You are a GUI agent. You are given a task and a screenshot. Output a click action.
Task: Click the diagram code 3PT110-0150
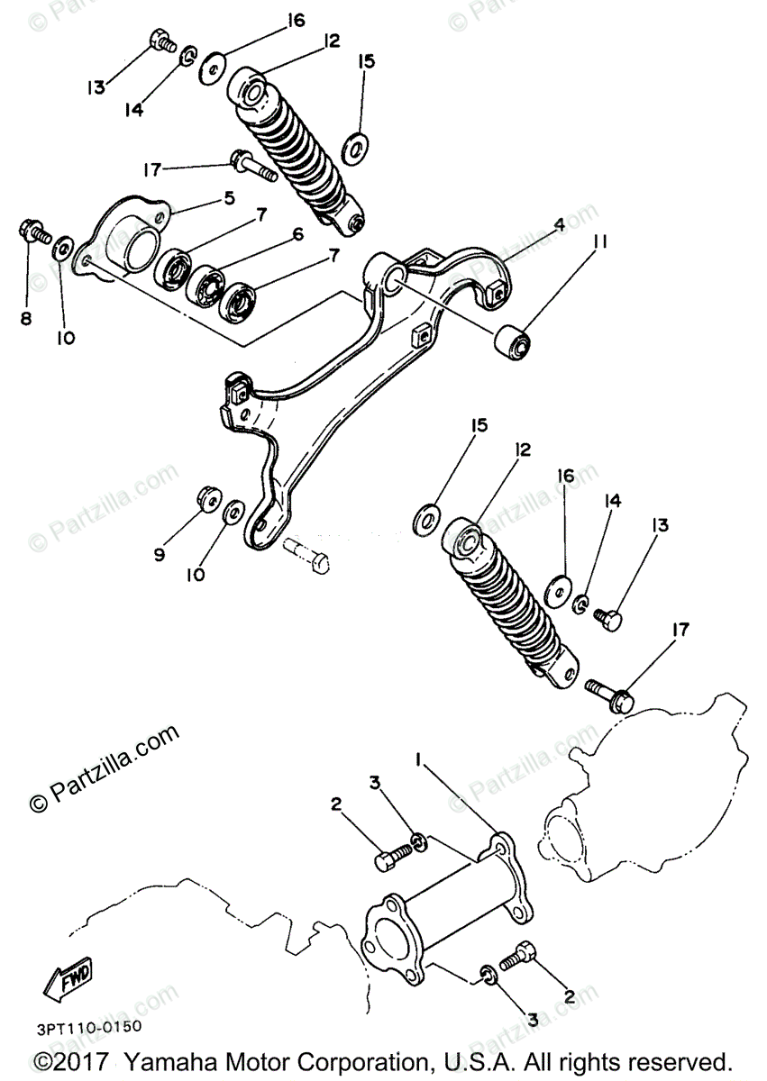[89, 1027]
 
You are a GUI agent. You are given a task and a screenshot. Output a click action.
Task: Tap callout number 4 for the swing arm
[559, 226]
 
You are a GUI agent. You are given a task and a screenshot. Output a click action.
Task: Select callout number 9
[159, 555]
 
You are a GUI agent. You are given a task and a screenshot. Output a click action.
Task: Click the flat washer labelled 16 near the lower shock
[560, 592]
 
